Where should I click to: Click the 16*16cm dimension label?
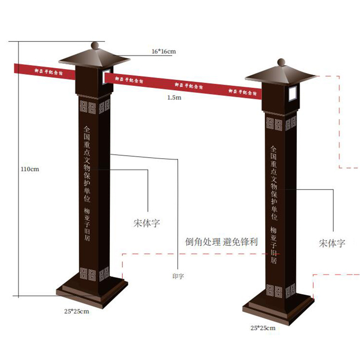[163, 51]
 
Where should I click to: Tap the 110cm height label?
[29, 169]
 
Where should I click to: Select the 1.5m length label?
[174, 97]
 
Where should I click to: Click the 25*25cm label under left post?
[77, 311]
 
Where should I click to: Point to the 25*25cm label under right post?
[263, 328]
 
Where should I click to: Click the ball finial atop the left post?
[95, 46]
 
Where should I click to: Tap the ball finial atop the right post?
[281, 62]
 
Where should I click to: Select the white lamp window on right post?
[291, 94]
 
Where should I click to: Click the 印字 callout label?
[178, 276]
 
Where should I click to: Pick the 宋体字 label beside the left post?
[146, 223]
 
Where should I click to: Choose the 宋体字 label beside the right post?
[332, 243]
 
